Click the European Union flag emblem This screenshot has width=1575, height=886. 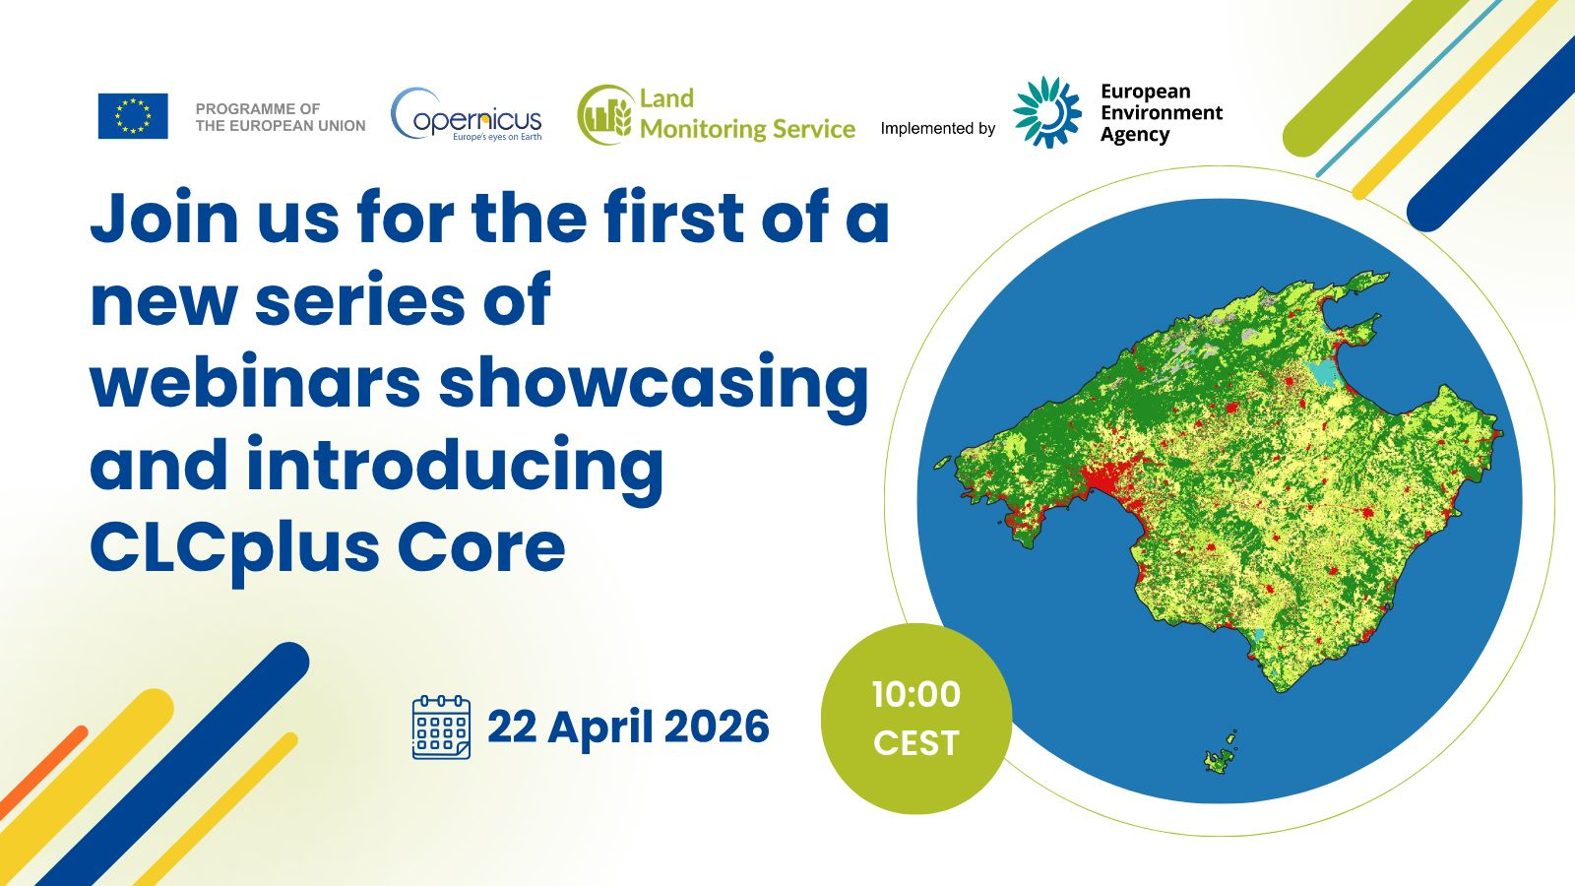tap(133, 116)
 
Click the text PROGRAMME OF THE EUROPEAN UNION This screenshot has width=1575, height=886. tap(280, 117)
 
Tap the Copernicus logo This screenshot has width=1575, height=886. tap(467, 116)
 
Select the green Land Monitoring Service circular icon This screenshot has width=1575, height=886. tap(604, 115)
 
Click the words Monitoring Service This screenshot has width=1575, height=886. tap(747, 129)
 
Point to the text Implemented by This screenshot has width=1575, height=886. tap(937, 128)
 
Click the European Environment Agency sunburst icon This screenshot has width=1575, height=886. tap(1047, 112)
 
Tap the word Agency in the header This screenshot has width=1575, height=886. tap(1134, 135)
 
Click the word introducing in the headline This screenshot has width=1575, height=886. tap(455, 465)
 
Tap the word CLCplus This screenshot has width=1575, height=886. tap(233, 547)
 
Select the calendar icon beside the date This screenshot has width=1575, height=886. tap(441, 728)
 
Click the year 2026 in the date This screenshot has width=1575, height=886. tap(717, 728)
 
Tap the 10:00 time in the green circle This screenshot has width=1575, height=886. tap(915, 694)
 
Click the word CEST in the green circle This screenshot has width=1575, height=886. tap(915, 742)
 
